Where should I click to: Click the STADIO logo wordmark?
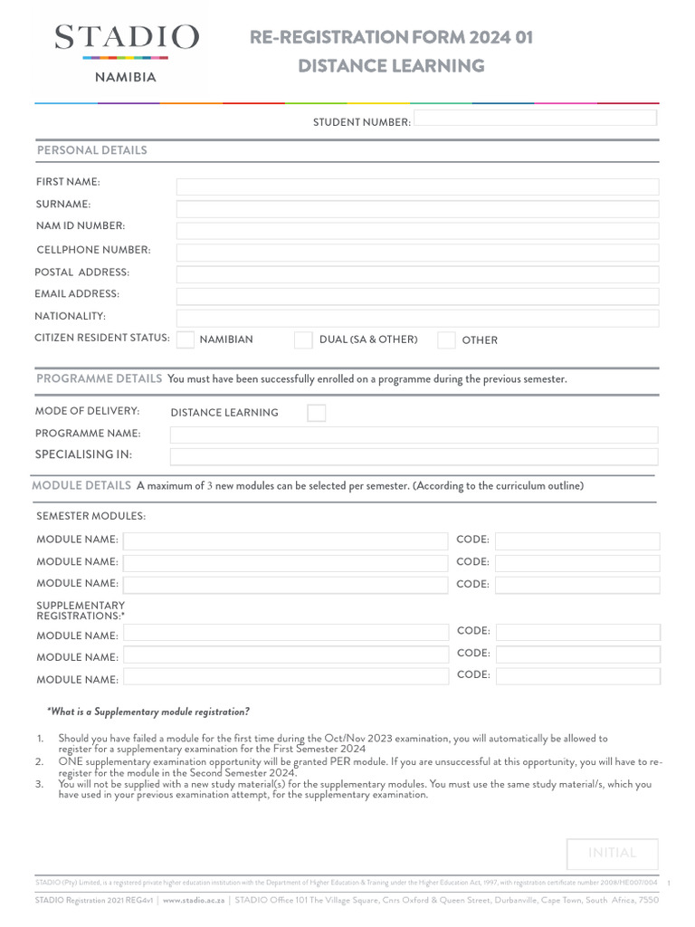pos(127,38)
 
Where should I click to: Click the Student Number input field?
pos(536,119)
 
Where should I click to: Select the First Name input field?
pos(417,187)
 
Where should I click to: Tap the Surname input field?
pos(417,209)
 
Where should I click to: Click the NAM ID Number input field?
pos(417,231)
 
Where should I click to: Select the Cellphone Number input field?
pos(417,253)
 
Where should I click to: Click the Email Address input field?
pos(417,296)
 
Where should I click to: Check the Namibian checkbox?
pos(186,340)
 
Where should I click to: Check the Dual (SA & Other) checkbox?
pos(303,340)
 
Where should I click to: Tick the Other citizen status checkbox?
pos(446,340)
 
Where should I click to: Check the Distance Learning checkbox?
pos(316,413)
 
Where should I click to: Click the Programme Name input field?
pos(414,435)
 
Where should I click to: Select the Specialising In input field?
pos(414,456)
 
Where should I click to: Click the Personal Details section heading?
pos(91,150)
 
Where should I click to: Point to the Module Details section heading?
pos(81,486)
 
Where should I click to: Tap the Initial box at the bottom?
pos(612,854)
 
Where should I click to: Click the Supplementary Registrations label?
pos(81,610)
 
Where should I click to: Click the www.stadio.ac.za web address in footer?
pos(194,901)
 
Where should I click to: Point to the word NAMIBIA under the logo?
pos(126,78)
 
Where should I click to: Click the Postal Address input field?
pos(417,274)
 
